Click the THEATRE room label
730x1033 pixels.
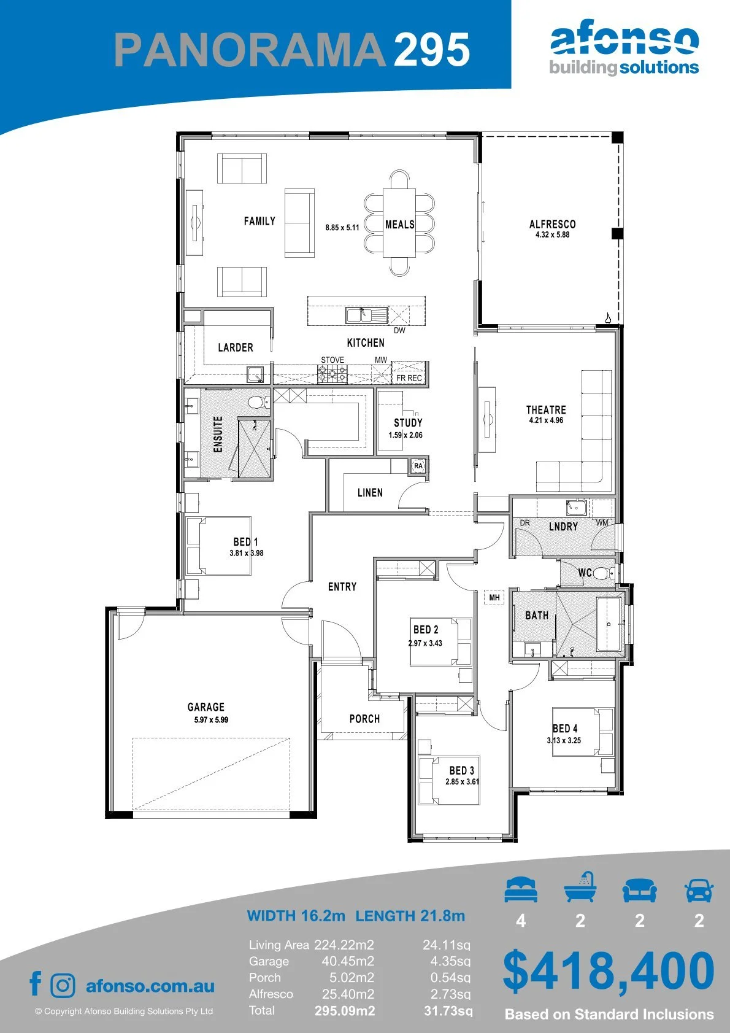coord(546,409)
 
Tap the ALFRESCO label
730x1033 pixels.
coord(552,224)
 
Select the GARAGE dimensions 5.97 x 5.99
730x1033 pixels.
coord(211,719)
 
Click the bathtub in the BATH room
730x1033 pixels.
coord(609,624)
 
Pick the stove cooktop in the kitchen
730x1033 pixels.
coord(332,374)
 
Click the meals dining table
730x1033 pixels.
coord(399,223)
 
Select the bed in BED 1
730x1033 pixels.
coord(218,546)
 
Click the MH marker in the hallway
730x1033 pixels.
coord(494,597)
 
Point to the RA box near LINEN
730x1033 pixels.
coord(418,466)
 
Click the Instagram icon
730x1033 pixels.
coord(62,985)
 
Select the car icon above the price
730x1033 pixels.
coord(699,889)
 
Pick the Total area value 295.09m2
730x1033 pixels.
coord(345,1011)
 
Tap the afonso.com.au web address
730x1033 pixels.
coord(150,986)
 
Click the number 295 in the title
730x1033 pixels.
coord(432,49)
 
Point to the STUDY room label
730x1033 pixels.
coord(408,422)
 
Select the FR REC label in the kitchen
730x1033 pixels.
coord(409,377)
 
